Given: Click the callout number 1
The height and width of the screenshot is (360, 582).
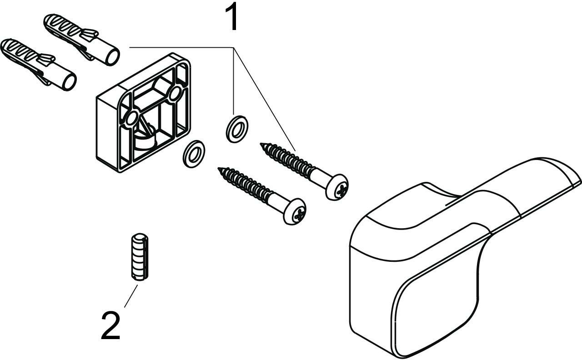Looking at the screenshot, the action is pos(232,17).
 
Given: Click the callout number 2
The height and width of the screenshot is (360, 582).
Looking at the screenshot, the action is pos(110,326).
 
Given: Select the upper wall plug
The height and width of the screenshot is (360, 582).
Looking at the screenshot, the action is pos(81,39).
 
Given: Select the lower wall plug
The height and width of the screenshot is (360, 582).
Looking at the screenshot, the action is pos(39,65).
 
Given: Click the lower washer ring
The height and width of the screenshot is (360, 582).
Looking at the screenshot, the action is pos(194,154).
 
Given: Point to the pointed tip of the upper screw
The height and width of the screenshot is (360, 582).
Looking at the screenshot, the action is pos(261,144).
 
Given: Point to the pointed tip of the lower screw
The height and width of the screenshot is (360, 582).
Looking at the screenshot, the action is pos(219,168).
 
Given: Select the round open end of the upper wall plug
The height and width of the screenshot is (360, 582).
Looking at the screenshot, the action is pos(113,57).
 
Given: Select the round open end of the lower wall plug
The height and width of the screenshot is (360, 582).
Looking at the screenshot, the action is pos(70,81).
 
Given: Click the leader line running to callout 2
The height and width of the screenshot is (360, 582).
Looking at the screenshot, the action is pos(131,296).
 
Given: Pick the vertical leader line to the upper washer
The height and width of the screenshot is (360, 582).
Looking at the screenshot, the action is pos(234,81).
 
